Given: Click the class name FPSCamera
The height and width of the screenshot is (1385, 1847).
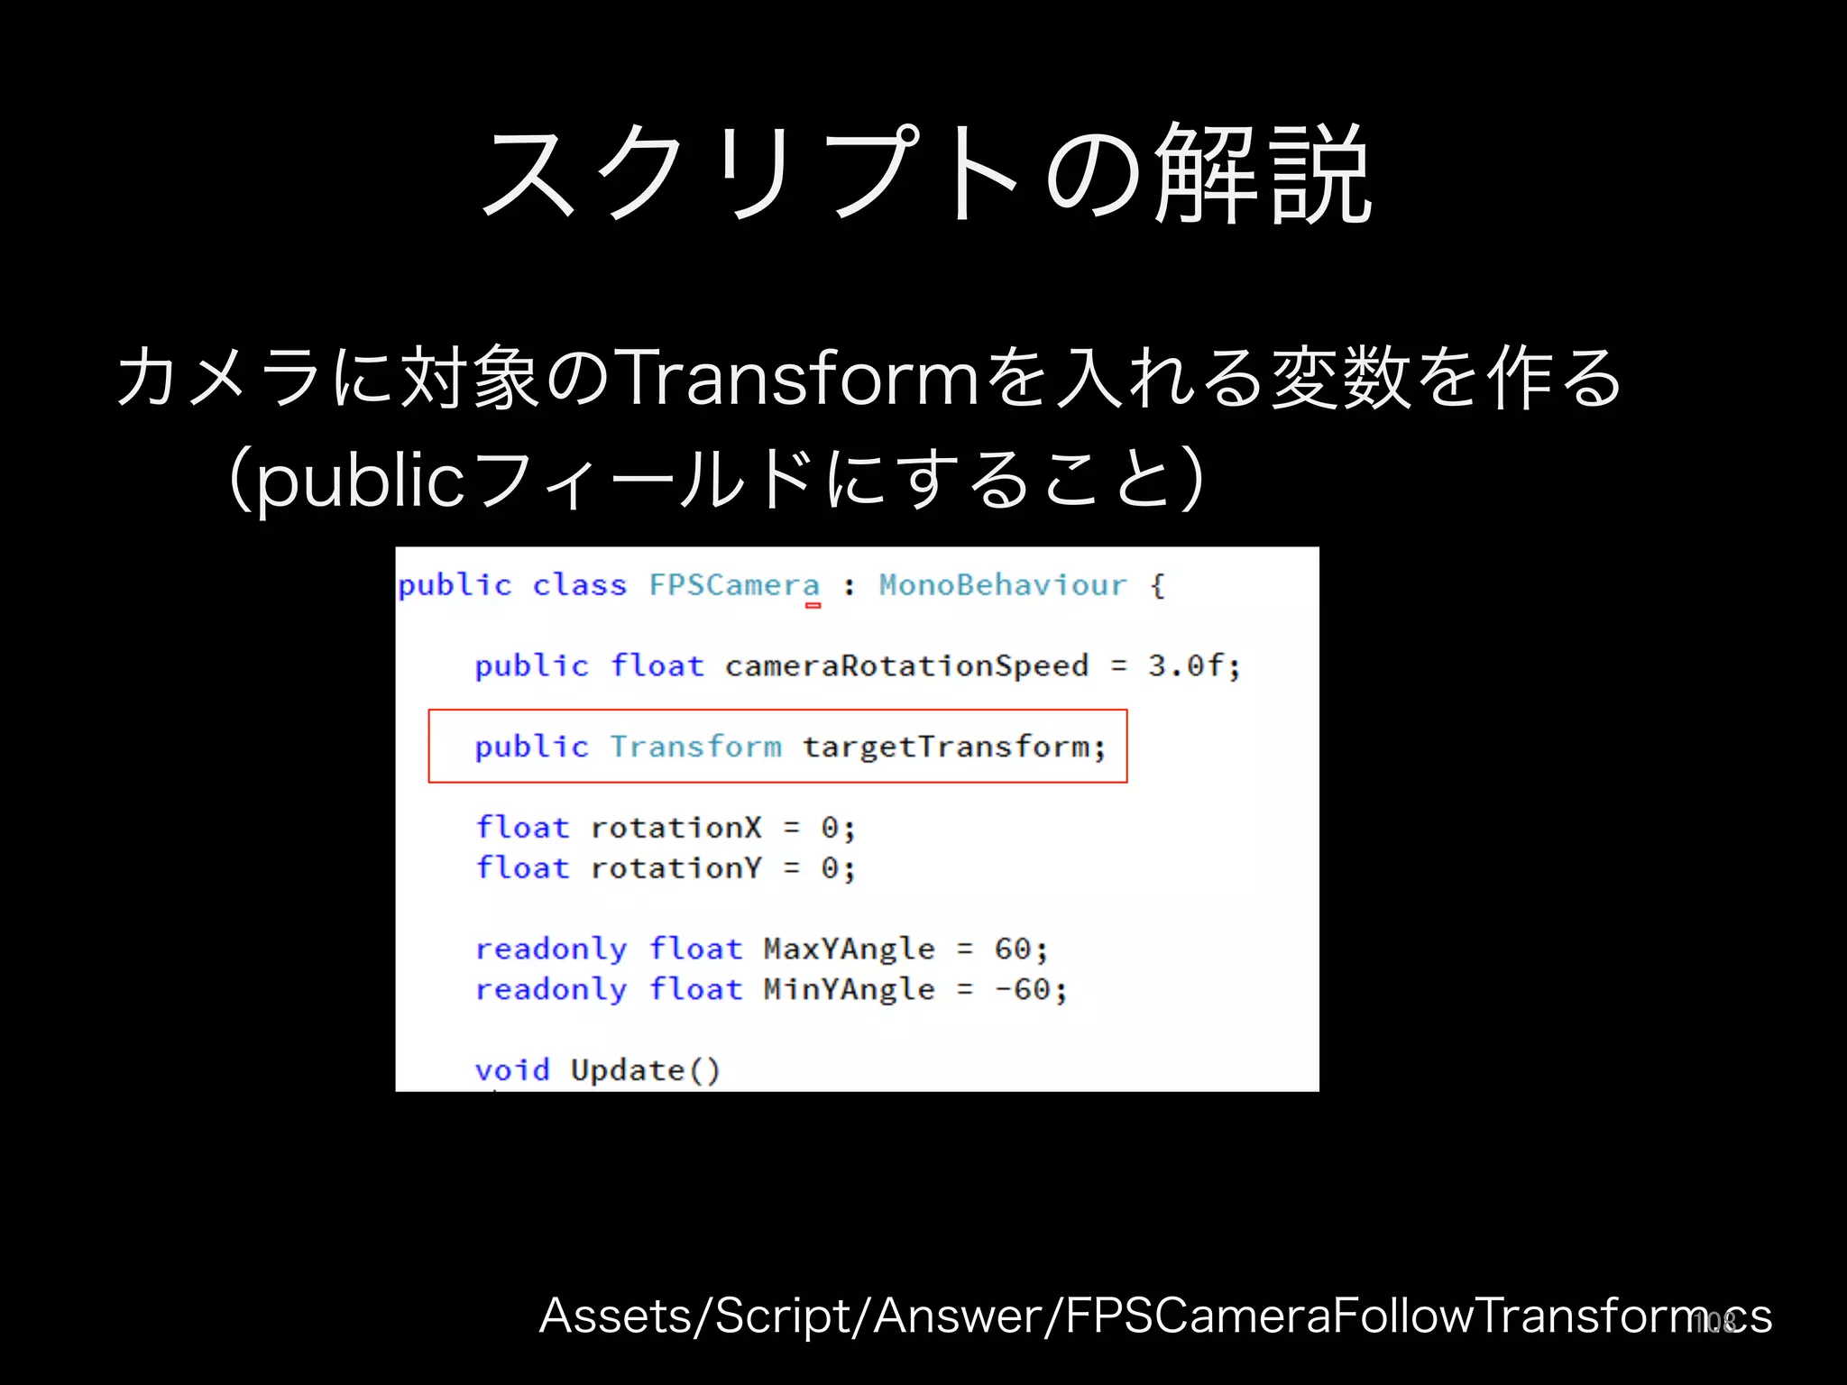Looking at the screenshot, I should pos(734,585).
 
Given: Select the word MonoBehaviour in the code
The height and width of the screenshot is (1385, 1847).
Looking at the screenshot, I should pos(1002,585).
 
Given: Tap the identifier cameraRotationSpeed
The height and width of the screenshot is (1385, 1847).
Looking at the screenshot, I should pos(906,666).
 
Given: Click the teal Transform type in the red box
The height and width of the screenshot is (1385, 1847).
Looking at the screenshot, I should pos(695,748).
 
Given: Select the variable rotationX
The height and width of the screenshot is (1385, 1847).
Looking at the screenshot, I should pos(675,828).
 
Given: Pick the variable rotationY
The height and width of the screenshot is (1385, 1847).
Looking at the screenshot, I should pos(675,868).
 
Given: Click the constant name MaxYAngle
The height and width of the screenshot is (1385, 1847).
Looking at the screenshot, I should pos(849,949).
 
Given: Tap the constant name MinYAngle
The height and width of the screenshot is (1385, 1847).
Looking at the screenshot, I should pos(849,989).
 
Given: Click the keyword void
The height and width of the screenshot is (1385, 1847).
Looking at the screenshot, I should pos(512,1070).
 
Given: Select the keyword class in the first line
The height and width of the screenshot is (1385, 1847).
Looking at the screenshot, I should pos(579,585).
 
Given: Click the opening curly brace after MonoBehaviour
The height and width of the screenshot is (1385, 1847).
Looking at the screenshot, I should pos(1158,586).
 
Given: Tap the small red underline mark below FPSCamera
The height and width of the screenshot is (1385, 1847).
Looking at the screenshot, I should pos(813,606).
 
